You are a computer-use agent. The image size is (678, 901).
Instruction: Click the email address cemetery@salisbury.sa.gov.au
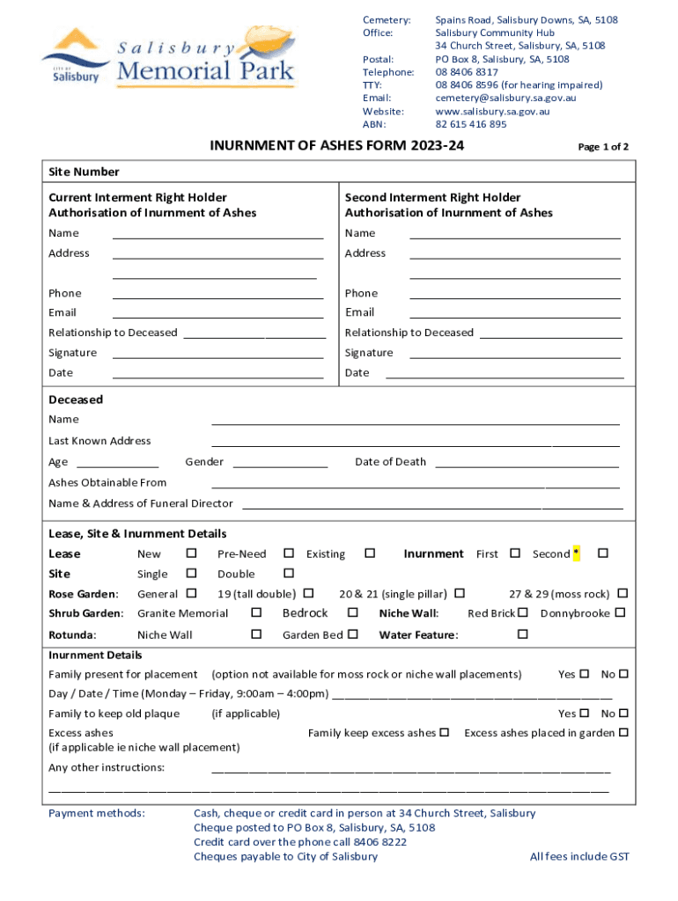tap(505, 98)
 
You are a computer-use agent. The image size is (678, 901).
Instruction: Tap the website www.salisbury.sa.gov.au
tap(492, 111)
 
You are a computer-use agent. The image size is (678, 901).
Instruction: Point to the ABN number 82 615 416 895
tap(471, 124)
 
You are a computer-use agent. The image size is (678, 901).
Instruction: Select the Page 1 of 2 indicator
tap(602, 147)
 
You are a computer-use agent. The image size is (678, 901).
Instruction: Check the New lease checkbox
tap(191, 553)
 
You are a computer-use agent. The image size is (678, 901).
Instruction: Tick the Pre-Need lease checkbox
tap(288, 553)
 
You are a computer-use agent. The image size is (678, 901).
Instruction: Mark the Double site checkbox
tap(288, 574)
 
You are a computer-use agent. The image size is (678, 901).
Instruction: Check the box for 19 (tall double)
tap(309, 594)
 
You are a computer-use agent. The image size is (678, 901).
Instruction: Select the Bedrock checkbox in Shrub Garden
tap(353, 612)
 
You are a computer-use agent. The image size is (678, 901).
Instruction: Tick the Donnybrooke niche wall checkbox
tap(620, 612)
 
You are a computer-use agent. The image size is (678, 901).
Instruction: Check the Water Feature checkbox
tap(522, 634)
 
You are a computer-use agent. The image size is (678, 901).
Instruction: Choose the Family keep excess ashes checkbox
tap(445, 732)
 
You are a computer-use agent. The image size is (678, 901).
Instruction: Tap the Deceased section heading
tap(76, 399)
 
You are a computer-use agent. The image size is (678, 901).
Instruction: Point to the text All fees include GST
tap(579, 856)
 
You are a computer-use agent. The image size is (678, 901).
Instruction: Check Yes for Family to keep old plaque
tap(585, 714)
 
